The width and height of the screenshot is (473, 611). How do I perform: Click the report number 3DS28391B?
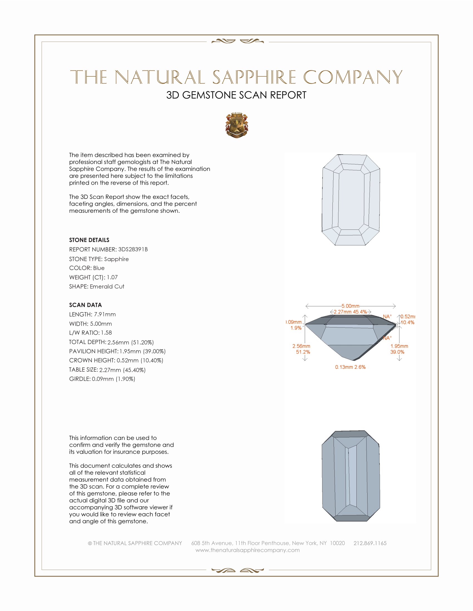tap(132, 249)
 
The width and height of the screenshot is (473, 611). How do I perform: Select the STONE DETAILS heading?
tap(89, 240)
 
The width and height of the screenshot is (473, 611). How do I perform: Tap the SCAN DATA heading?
tap(85, 305)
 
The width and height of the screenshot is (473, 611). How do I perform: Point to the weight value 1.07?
tap(112, 277)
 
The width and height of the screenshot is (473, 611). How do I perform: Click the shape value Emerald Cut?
tap(107, 287)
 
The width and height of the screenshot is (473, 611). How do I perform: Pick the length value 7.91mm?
tap(105, 314)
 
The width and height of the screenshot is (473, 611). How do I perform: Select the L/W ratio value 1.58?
tap(106, 333)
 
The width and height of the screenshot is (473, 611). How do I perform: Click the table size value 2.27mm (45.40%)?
tap(122, 370)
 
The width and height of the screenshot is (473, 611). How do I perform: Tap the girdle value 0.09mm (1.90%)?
tap(114, 379)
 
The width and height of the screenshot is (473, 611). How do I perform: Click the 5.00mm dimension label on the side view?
tap(350, 306)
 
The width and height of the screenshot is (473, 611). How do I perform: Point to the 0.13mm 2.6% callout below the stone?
tap(350, 367)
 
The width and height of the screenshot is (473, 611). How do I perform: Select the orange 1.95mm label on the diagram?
tap(399, 346)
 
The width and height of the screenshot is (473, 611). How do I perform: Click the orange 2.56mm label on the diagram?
tap(301, 346)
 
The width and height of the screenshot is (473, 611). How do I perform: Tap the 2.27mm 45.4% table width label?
tap(350, 312)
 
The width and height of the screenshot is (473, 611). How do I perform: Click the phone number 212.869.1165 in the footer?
tap(370, 543)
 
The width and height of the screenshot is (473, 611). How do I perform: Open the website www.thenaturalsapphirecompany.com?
tap(247, 550)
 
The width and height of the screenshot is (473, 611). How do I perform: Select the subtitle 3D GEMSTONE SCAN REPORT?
tap(236, 95)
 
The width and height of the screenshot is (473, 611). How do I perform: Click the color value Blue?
tap(99, 268)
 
